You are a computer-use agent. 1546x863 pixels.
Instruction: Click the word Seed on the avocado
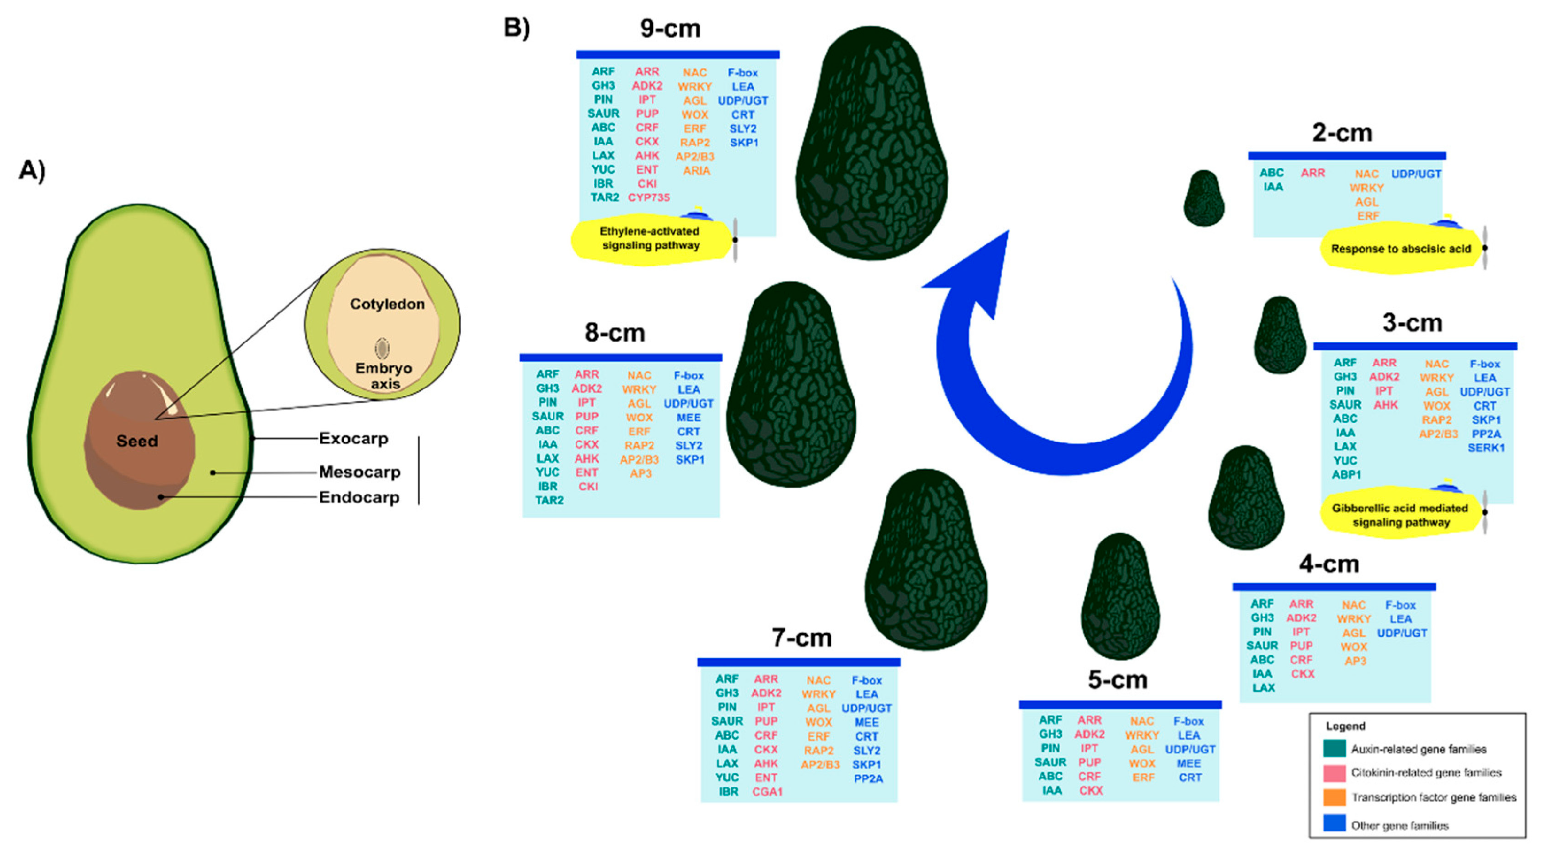coord(137,441)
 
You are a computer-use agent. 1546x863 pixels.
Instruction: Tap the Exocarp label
coord(353,438)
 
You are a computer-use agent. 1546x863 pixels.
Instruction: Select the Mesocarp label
coord(359,472)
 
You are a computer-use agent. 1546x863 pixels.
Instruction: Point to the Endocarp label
coord(358,497)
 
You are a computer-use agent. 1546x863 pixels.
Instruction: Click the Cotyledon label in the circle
coord(387,304)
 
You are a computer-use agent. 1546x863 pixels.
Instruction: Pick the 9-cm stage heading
coord(670,29)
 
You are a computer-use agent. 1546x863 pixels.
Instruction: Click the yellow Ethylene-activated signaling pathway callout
coord(650,239)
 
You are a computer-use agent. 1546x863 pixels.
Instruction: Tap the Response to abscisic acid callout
coord(1401,249)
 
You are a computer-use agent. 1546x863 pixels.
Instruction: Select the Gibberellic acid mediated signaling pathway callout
coord(1400,515)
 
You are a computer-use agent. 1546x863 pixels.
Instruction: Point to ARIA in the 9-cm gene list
coord(696,171)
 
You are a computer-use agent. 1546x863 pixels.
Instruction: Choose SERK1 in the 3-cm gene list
coord(1486,448)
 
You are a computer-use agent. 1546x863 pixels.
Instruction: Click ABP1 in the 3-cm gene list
coord(1346,475)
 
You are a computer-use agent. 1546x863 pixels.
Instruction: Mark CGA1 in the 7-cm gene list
coord(767,792)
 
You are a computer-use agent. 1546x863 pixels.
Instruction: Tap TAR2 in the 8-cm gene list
coord(549,500)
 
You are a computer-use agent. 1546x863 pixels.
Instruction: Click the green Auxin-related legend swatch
coord(1334,748)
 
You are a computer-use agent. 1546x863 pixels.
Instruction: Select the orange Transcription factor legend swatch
coord(1334,798)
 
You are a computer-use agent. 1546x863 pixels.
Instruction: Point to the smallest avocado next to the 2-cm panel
coord(1203,198)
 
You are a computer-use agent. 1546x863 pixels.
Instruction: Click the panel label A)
coord(32,171)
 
